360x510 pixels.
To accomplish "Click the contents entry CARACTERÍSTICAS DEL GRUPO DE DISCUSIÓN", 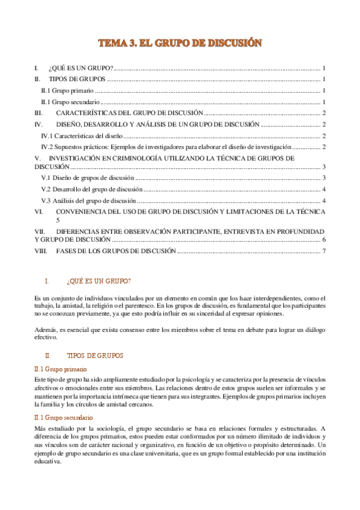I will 130,112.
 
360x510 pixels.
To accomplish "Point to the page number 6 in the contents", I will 324,239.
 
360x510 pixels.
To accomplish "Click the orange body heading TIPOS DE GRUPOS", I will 95,356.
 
